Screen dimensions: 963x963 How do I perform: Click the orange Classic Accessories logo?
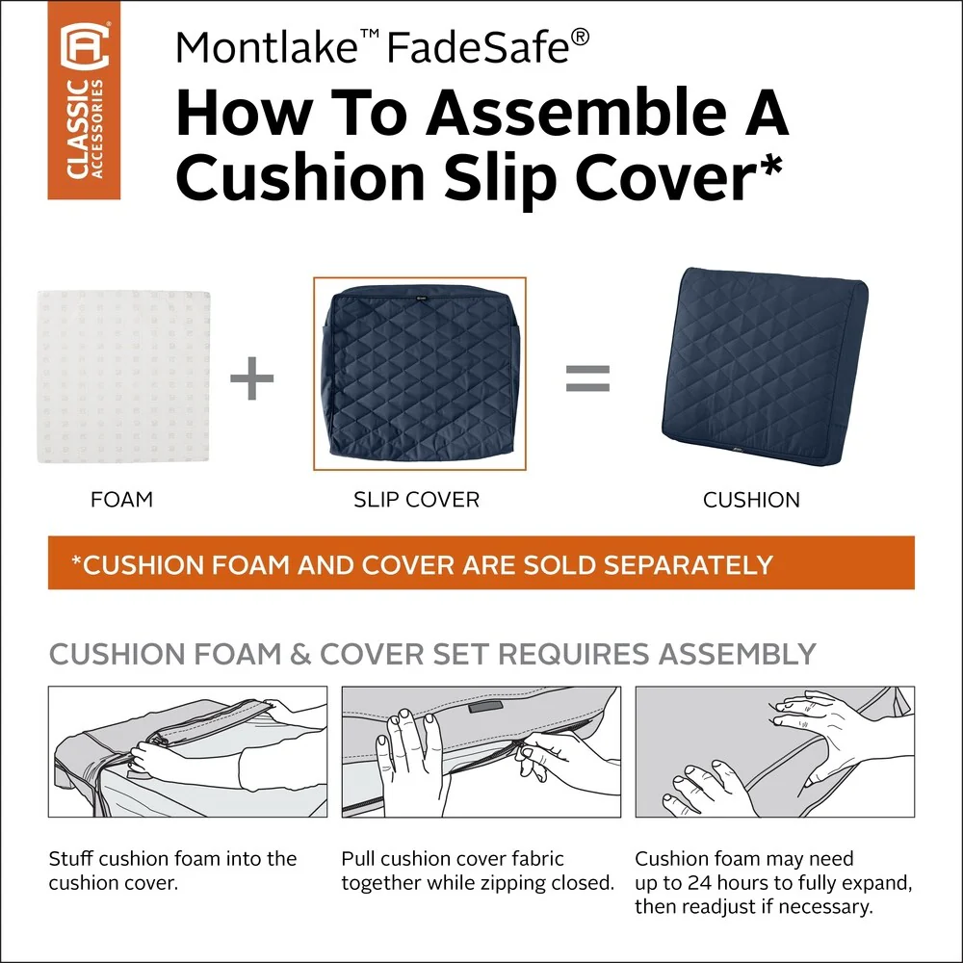point(84,100)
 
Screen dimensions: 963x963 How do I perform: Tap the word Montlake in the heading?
point(267,47)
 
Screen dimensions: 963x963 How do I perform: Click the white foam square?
point(123,377)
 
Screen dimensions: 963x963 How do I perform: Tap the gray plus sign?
point(251,377)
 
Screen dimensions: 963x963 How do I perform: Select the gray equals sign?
point(587,378)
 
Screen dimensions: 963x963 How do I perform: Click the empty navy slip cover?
point(420,373)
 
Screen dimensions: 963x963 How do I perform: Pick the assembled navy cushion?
point(765,366)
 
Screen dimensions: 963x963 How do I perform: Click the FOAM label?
point(121,499)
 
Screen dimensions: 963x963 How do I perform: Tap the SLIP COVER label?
point(416,499)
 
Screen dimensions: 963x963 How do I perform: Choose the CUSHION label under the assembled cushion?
point(751,500)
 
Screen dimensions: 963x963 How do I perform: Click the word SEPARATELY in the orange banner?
point(688,564)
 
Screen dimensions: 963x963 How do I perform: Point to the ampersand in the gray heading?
point(299,654)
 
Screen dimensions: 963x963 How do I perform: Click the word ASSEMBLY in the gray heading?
point(737,654)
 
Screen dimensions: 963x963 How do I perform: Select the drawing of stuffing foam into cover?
point(188,752)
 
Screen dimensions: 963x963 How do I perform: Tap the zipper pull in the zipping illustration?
point(521,749)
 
